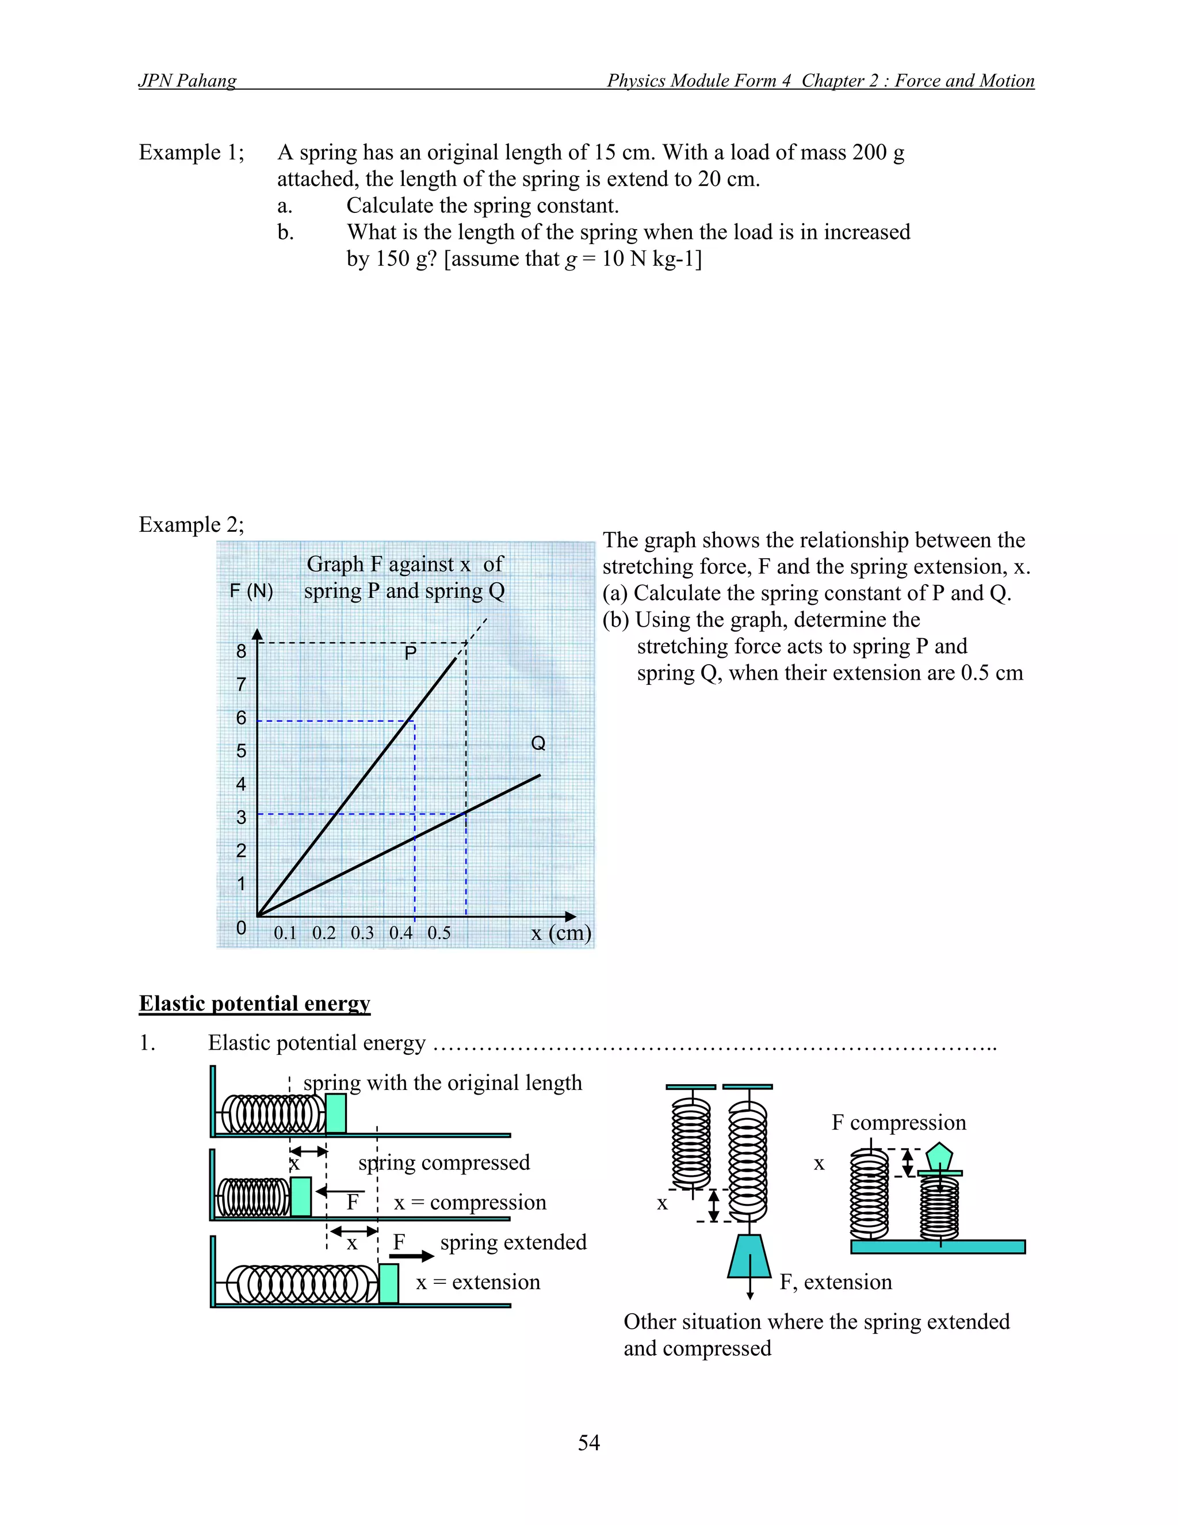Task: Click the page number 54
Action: [588, 1442]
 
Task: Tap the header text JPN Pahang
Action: [187, 81]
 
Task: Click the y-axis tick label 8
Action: [242, 651]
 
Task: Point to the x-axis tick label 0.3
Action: [362, 933]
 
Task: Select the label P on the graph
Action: [410, 653]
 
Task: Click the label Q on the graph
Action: [538, 743]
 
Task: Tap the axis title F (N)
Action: [251, 591]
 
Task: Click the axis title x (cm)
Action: [561, 933]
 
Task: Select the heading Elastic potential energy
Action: [254, 1004]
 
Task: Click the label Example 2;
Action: [191, 524]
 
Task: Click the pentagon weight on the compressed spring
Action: [939, 1156]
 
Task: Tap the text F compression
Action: [899, 1122]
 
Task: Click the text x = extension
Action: [478, 1282]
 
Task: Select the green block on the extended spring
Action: [389, 1283]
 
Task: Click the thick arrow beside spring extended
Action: [412, 1256]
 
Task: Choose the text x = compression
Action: [470, 1202]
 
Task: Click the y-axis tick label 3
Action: [242, 817]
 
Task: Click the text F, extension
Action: [835, 1282]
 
